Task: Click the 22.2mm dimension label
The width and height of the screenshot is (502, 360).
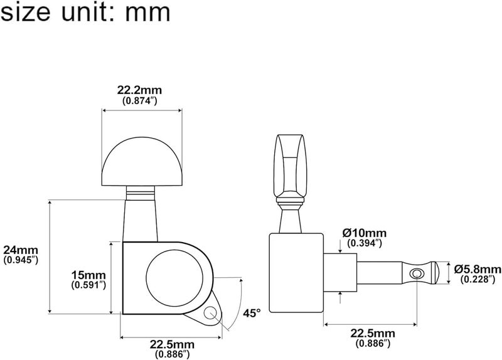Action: coord(139,90)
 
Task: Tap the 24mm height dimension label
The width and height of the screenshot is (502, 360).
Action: coord(21,250)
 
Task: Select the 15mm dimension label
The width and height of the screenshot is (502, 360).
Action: coord(88,275)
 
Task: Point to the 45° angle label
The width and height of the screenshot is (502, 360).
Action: coord(252,313)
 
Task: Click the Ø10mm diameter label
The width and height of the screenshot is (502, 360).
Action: coord(365,233)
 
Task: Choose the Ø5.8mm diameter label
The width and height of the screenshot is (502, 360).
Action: coord(478,269)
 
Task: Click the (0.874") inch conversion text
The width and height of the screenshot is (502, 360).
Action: coord(139,101)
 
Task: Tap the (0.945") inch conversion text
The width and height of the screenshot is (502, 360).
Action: coord(21,260)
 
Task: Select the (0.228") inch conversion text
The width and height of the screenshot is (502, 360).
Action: coord(478,279)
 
